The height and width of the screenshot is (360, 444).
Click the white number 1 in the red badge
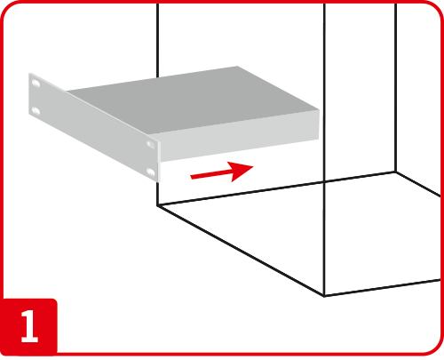(29, 326)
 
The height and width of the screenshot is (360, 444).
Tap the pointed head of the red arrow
(253, 166)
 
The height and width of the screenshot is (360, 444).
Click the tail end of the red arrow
(191, 177)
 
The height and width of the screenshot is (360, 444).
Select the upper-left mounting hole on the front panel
(36, 84)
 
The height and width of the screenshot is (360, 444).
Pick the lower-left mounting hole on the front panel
(36, 111)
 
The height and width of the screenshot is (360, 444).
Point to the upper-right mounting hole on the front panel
(150, 144)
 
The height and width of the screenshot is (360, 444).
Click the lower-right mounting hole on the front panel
(151, 172)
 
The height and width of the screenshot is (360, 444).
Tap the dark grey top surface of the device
(193, 100)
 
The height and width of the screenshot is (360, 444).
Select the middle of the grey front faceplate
(94, 127)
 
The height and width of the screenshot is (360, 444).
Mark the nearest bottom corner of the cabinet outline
(324, 296)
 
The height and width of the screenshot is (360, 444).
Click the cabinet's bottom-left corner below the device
(157, 205)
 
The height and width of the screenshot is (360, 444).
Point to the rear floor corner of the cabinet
(395, 172)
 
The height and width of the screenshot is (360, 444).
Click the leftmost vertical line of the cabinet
(157, 40)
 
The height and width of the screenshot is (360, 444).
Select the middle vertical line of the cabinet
(324, 149)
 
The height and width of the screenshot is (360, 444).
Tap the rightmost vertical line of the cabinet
(395, 87)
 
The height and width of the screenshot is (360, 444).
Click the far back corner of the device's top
(237, 67)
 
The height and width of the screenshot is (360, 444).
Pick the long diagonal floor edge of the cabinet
(241, 251)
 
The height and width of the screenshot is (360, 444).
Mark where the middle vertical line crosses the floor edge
(324, 181)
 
